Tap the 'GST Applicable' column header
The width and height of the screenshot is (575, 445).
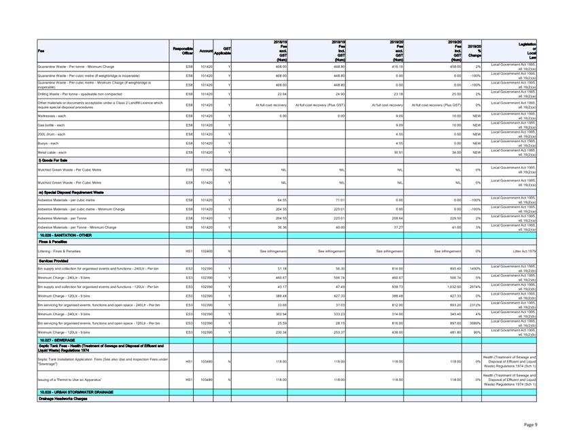click(x=226, y=50)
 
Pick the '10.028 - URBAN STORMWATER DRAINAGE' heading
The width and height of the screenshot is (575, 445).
click(x=75, y=392)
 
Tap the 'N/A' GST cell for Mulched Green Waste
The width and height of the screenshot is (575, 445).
click(x=228, y=169)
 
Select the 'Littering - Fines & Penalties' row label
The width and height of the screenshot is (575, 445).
click(x=60, y=251)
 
